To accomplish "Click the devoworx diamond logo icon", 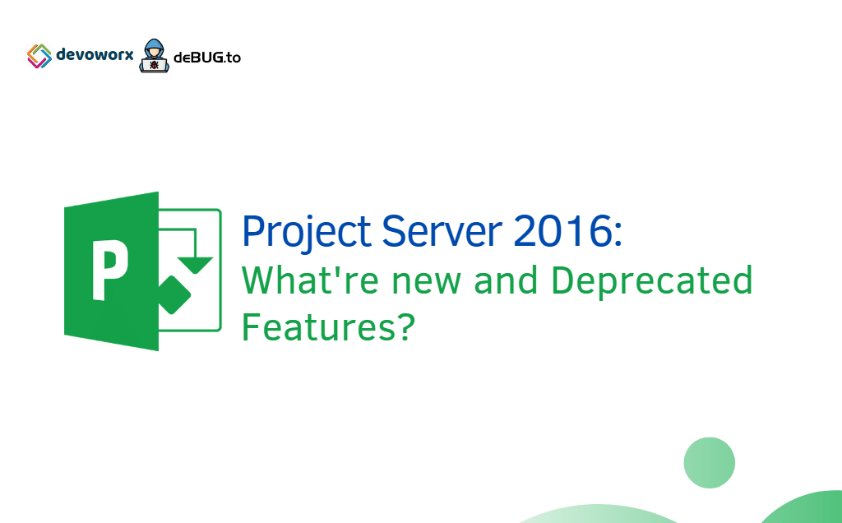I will pyautogui.click(x=39, y=56).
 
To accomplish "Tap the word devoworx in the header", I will pyautogui.click(x=95, y=56).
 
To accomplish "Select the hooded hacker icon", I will pyautogui.click(x=152, y=55).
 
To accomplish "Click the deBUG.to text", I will pyautogui.click(x=206, y=58).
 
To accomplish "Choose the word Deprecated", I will pyautogui.click(x=652, y=283).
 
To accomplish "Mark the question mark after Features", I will pyautogui.click(x=401, y=328).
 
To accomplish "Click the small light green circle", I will pyautogui.click(x=709, y=462).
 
